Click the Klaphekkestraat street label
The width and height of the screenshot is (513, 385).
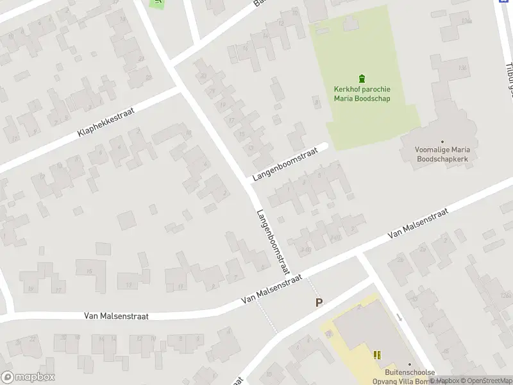click(105, 122)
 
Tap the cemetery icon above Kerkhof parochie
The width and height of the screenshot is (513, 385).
click(362, 79)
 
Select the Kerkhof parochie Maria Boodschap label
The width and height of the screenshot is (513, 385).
click(362, 94)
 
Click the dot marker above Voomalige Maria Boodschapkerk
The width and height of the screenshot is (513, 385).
click(442, 141)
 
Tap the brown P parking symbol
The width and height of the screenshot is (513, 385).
click(318, 302)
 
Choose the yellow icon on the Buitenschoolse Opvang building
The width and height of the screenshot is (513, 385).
click(377, 354)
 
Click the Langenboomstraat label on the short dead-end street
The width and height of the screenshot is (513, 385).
click(285, 166)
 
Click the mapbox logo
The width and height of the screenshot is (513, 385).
click(28, 377)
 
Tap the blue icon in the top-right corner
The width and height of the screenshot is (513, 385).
click(503, 2)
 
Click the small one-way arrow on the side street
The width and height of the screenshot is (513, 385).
click(399, 317)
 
